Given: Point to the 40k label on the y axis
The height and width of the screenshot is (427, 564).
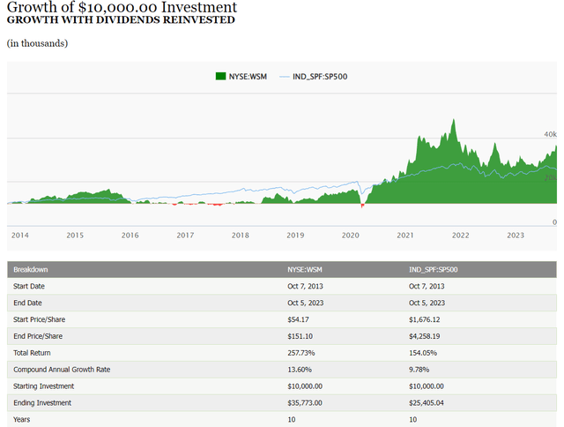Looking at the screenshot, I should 548,134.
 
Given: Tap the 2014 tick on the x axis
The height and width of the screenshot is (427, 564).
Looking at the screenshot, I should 19,236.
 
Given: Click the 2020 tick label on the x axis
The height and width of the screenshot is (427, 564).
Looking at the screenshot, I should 351,236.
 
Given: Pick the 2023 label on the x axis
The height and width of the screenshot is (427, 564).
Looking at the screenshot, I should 516,236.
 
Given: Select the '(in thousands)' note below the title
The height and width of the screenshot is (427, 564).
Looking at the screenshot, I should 37,43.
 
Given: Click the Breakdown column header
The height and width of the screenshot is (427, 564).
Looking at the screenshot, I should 31,269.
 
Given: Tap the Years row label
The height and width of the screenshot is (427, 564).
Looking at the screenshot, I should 22,420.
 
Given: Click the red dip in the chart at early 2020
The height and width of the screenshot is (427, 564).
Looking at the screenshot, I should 362,206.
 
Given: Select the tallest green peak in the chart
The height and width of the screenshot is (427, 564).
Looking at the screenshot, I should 454,121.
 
